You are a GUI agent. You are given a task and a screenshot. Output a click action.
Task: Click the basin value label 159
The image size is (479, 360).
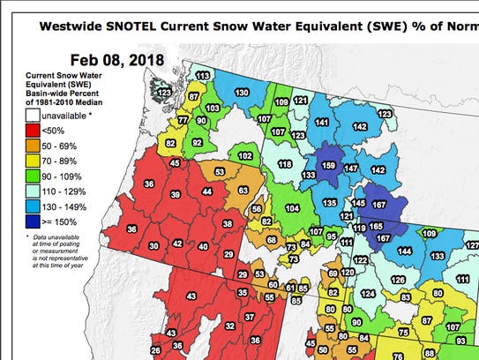pyautogui.click(x=329, y=165)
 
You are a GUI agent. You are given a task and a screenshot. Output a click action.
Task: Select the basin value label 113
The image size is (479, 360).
pyautogui.click(x=202, y=78)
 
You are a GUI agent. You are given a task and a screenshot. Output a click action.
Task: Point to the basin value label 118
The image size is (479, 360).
pyautogui.click(x=286, y=164)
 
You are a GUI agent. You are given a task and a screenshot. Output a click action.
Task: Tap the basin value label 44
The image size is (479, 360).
pyautogui.click(x=207, y=191)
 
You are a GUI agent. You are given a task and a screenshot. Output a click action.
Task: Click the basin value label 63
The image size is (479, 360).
pyautogui.click(x=243, y=189)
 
